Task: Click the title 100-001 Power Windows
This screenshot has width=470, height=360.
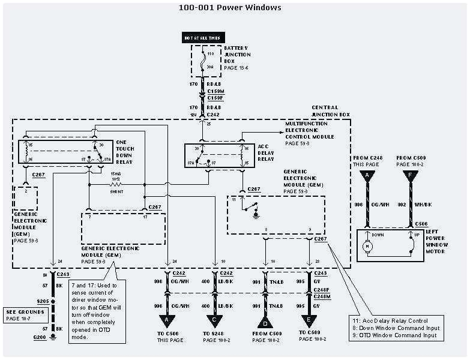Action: click(x=230, y=8)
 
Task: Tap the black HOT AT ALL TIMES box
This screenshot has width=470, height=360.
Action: click(x=202, y=38)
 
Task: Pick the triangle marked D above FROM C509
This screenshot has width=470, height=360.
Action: click(x=264, y=320)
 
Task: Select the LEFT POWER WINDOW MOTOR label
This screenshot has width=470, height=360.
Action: click(x=435, y=242)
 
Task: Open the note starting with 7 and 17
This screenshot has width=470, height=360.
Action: click(x=97, y=312)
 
